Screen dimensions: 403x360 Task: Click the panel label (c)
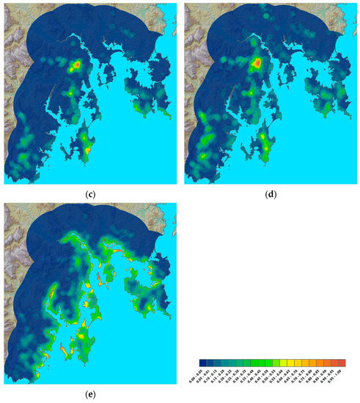pyautogui.click(x=89, y=194)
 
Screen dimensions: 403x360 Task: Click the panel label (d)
pyautogui.click(x=268, y=194)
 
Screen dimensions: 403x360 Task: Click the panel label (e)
pyautogui.click(x=89, y=395)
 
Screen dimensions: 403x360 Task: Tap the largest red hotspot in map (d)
pyautogui.click(x=256, y=64)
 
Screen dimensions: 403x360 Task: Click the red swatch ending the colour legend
pyautogui.click(x=341, y=363)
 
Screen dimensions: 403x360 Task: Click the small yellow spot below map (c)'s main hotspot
pyautogui.click(x=70, y=94)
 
